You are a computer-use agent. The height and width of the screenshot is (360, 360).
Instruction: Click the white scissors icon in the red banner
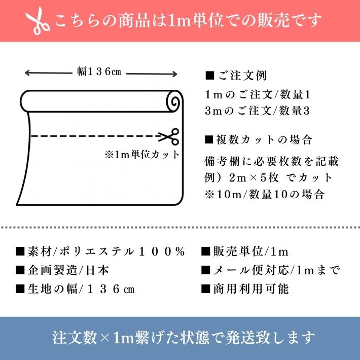[38, 21]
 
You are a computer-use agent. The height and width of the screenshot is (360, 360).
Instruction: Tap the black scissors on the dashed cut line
[169, 136]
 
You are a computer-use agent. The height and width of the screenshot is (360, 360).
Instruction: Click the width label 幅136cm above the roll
[99, 71]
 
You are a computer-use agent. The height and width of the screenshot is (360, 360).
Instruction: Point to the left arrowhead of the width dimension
[27, 73]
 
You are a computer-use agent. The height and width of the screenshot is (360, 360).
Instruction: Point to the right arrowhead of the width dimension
[174, 74]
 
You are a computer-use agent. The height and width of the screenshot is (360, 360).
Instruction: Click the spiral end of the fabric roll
[174, 101]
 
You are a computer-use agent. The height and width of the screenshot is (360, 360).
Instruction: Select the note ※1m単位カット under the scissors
[142, 155]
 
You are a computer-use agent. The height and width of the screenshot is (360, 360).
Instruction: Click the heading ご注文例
[242, 76]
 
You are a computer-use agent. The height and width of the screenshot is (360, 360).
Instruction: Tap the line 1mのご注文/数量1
[258, 95]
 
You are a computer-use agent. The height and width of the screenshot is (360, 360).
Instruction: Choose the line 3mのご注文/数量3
[258, 111]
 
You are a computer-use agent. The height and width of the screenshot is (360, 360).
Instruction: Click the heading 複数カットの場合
[264, 139]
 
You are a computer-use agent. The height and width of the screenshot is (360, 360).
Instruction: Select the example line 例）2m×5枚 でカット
[268, 178]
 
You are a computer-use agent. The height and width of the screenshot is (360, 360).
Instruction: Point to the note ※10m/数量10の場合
[265, 195]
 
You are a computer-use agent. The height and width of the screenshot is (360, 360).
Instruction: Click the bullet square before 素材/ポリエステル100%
[20, 251]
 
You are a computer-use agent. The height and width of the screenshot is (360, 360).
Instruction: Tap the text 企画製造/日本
[68, 270]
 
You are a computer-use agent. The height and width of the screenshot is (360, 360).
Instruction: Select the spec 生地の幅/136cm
[81, 289]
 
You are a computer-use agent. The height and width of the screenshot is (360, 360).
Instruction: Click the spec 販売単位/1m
[250, 251]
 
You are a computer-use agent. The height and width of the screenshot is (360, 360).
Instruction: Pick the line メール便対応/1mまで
[276, 270]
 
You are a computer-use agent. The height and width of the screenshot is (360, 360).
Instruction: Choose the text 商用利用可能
[250, 289]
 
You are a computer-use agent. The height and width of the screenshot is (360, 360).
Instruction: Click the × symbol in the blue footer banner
[105, 338]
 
